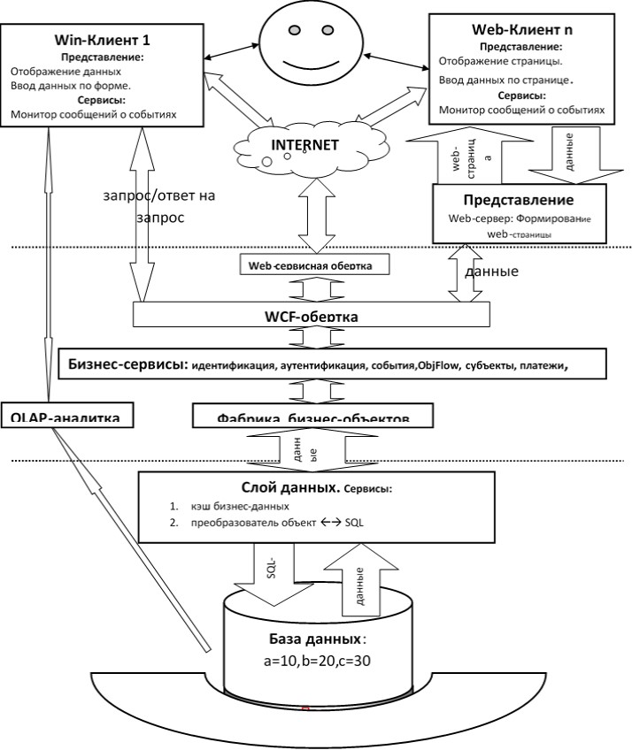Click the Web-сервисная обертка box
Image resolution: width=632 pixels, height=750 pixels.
(x=315, y=264)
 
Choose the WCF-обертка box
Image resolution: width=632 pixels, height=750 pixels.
(x=314, y=316)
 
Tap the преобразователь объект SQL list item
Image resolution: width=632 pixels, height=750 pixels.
(x=271, y=522)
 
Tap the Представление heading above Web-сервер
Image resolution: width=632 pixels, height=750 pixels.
(x=519, y=200)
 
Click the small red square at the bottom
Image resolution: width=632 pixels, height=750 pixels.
(x=305, y=709)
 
